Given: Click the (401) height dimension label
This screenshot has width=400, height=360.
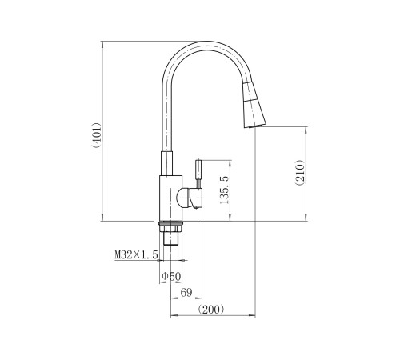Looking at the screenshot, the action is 96,135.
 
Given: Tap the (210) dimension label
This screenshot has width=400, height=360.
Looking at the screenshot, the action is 300,173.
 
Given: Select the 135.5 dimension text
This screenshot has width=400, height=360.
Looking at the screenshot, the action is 224,190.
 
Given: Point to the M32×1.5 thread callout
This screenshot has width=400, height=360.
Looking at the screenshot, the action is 136,254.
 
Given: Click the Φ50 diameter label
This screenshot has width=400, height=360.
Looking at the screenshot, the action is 172,276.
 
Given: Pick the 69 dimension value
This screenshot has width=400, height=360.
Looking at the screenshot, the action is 186,292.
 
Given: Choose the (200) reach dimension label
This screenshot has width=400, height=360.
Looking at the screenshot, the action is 211,310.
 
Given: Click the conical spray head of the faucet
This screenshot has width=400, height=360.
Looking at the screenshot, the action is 254,106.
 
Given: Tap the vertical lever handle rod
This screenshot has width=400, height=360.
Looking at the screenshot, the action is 198,174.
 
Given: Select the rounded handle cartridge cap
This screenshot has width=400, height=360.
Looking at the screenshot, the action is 189,198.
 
